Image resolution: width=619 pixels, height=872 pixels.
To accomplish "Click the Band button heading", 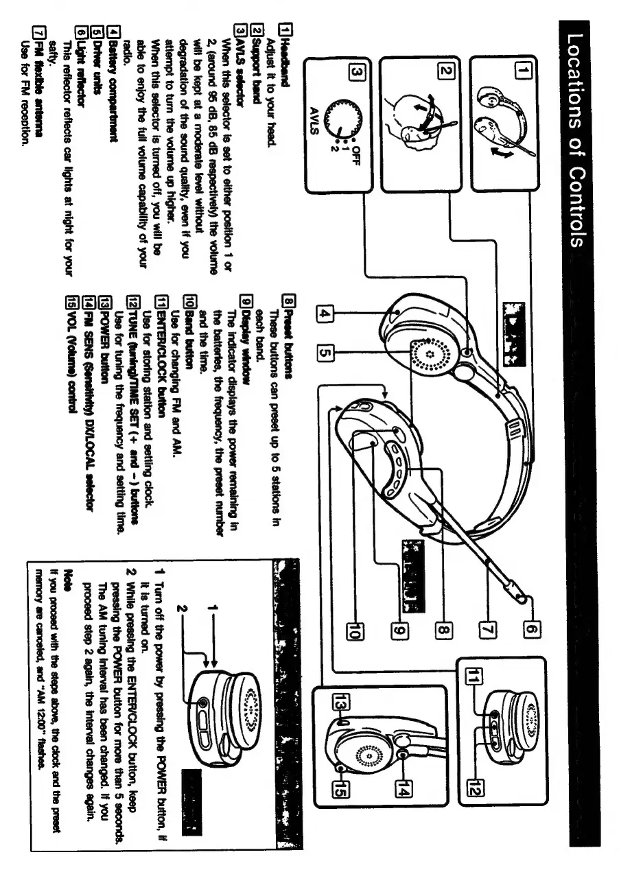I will pos(183,322).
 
